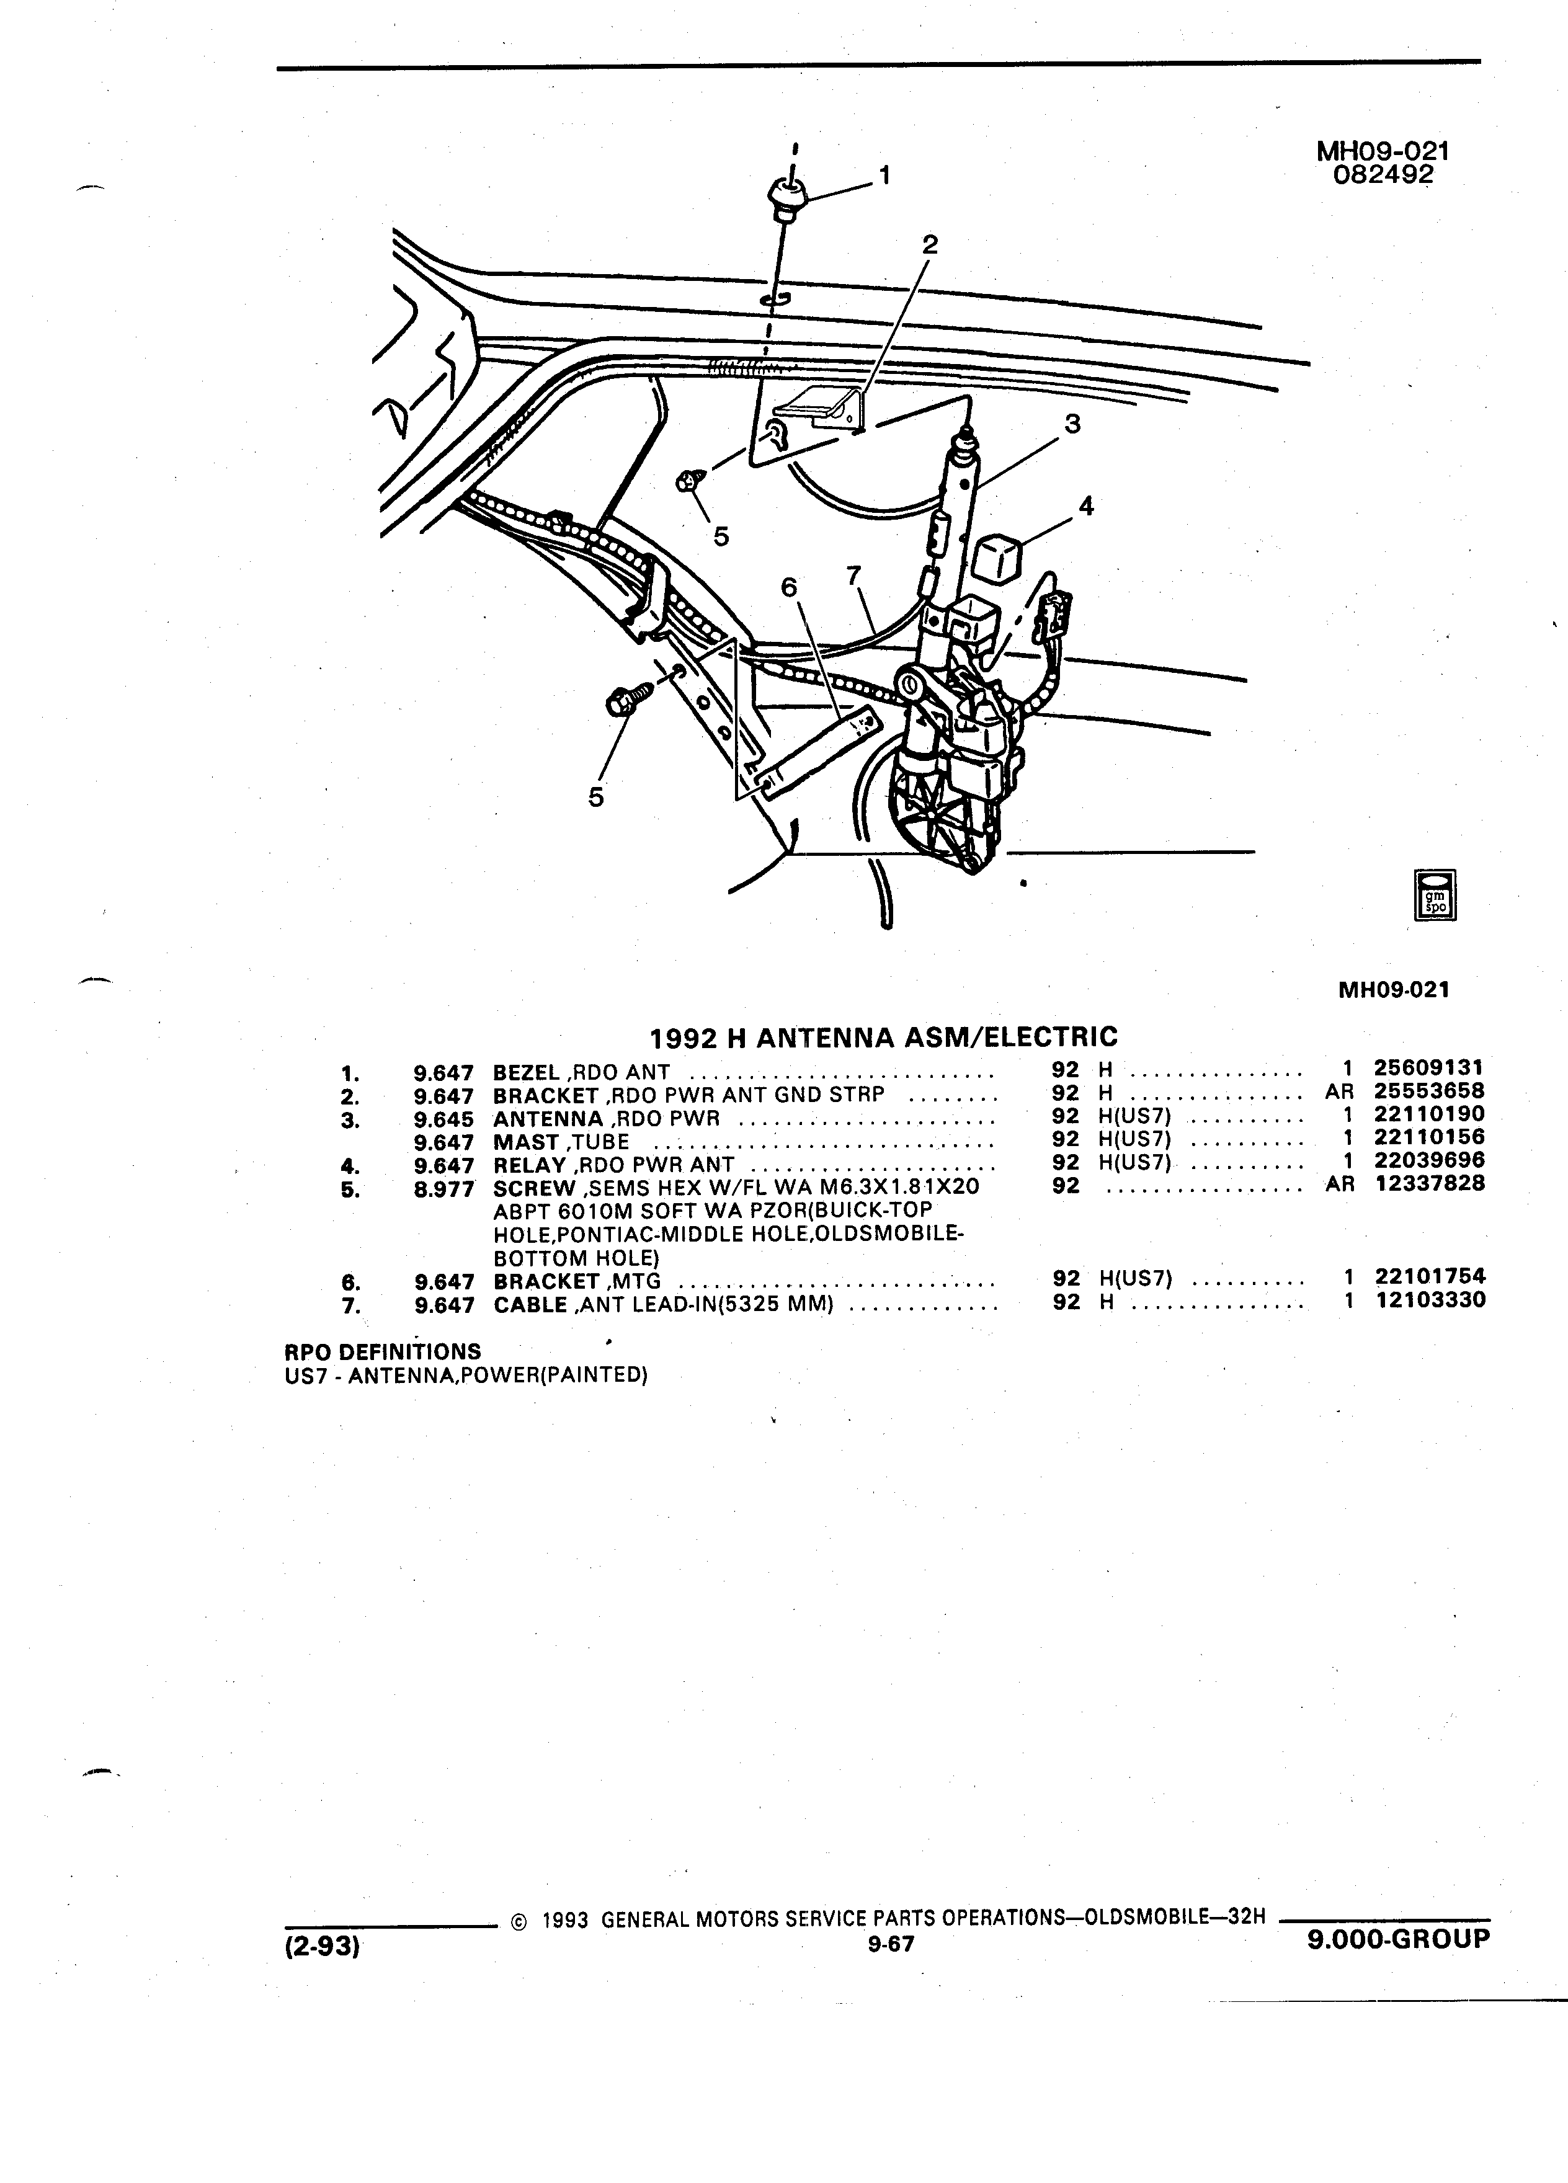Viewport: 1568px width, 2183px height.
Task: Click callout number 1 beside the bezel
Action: click(x=884, y=175)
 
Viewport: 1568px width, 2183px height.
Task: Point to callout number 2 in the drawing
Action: click(x=929, y=244)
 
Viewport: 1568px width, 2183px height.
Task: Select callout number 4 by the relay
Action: click(x=1086, y=505)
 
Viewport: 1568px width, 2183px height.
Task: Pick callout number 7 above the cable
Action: click(x=853, y=576)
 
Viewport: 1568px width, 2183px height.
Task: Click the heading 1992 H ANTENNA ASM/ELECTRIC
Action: click(x=884, y=1037)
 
